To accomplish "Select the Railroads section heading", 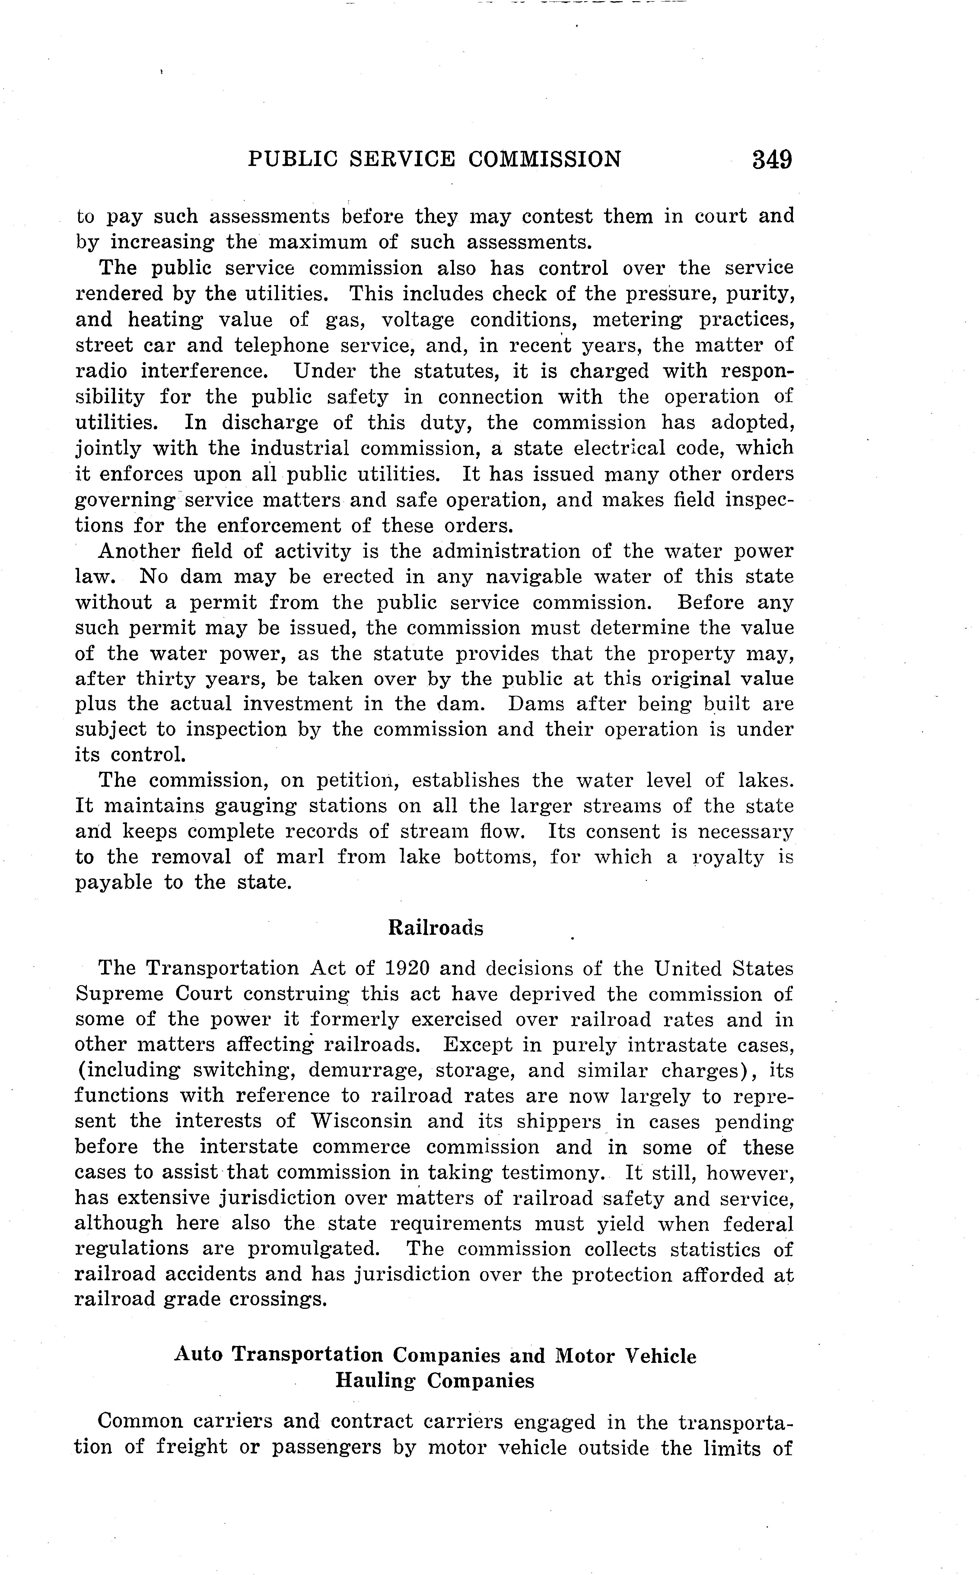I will click(436, 928).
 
